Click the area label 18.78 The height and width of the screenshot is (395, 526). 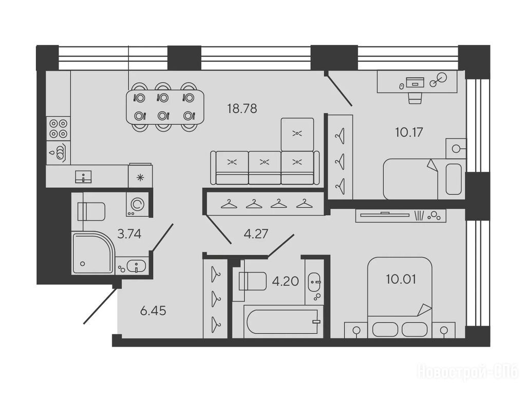pyautogui.click(x=242, y=109)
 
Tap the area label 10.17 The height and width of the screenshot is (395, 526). pyautogui.click(x=408, y=132)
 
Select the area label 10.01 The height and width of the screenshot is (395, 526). pyautogui.click(x=401, y=279)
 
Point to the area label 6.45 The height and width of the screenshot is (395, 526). pyautogui.click(x=153, y=311)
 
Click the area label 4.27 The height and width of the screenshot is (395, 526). pyautogui.click(x=256, y=234)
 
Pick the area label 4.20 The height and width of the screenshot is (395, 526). pyautogui.click(x=286, y=281)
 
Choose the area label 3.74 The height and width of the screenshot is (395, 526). pyautogui.click(x=129, y=234)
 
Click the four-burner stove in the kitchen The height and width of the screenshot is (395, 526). pyautogui.click(x=59, y=129)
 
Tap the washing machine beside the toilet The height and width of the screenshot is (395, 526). pyautogui.click(x=137, y=204)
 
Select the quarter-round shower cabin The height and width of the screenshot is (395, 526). pyautogui.click(x=93, y=252)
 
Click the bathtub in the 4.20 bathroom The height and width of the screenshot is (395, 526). pyautogui.click(x=282, y=321)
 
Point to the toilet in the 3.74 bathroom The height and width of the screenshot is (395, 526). pyautogui.click(x=91, y=211)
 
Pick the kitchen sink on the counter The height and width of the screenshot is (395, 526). pyautogui.click(x=84, y=176)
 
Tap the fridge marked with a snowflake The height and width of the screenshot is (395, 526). pyautogui.click(x=140, y=176)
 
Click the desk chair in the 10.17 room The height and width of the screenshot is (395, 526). pyautogui.click(x=415, y=98)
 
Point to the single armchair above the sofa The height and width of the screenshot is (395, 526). pyautogui.click(x=297, y=134)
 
